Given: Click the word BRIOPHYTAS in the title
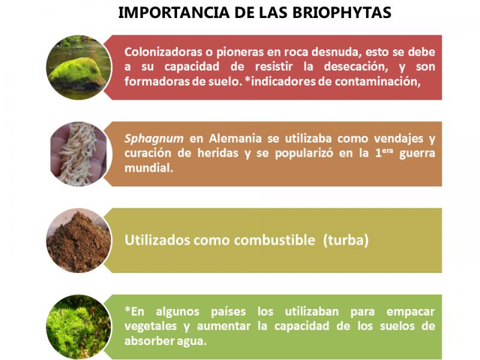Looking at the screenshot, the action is tap(341, 13).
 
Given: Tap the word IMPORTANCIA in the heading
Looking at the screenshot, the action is tap(174, 13).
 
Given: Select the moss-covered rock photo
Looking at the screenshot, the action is tap(79, 67).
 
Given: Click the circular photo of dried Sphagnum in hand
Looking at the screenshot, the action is tap(79, 154).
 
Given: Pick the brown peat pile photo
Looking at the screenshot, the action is tap(79, 241).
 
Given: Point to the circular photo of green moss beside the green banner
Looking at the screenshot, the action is tap(79, 327).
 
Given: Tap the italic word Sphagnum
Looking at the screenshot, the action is tap(154, 139).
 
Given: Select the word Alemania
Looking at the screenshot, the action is tap(235, 139).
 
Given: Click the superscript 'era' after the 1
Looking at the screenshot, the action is tap(387, 151).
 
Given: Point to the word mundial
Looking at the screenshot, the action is tap(149, 168).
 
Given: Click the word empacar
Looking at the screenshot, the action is tap(410, 312).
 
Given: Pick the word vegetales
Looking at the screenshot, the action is tap(151, 326).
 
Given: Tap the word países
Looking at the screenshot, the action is tap(229, 311).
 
